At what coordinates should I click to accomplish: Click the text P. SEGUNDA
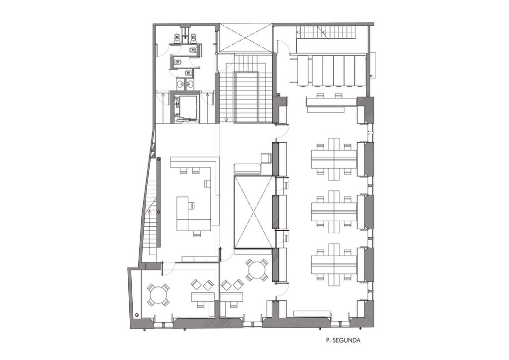point(343,341)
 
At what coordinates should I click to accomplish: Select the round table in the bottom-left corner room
point(158,295)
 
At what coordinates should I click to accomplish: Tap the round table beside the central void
point(257,270)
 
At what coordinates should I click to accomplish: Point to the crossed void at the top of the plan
point(246,37)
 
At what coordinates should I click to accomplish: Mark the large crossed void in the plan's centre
point(253,212)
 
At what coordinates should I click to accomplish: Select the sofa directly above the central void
point(248,169)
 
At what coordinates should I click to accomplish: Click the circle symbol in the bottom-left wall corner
point(137,315)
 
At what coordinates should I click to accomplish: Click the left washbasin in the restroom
point(180,84)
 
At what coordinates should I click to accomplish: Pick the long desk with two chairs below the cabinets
point(331,101)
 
